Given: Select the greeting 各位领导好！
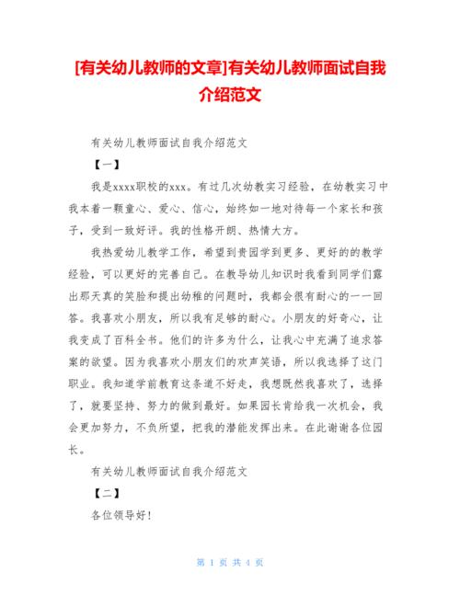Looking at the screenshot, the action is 121,516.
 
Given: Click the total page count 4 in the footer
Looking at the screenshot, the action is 246,562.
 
